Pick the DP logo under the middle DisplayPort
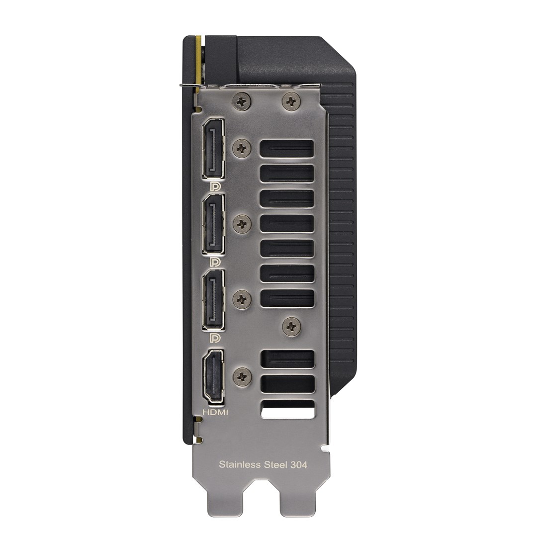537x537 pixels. coord(216,262)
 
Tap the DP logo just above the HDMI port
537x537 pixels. coord(216,338)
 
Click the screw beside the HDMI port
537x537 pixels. coord(242,376)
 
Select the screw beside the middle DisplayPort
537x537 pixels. coord(242,224)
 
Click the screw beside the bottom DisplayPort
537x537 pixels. coord(242,299)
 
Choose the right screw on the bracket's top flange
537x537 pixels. coord(291,102)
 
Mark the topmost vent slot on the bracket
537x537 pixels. coord(287,149)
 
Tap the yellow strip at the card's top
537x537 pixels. coord(199,60)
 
